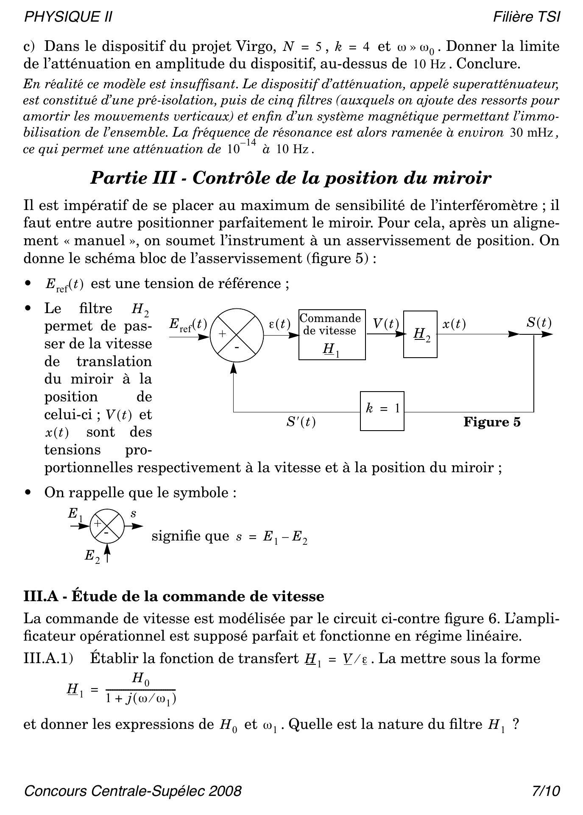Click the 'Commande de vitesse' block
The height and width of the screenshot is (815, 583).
click(332, 335)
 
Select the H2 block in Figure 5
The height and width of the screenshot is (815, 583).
click(420, 334)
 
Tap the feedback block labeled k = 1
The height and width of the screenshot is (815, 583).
click(382, 411)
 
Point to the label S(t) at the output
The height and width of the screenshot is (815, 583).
click(538, 323)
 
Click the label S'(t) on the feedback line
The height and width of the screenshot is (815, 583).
click(301, 422)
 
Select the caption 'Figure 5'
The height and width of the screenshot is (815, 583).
click(491, 422)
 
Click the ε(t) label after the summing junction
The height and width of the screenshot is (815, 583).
click(279, 325)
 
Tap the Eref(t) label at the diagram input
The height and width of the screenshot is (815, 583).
click(188, 325)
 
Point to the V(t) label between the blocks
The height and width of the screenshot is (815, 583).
click(386, 324)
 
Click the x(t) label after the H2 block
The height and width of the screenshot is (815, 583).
click(454, 324)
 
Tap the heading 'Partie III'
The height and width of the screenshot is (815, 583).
click(133, 178)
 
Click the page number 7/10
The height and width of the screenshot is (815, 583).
click(546, 791)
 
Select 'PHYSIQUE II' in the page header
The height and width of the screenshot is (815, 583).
click(68, 17)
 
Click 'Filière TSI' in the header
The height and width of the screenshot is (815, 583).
click(526, 17)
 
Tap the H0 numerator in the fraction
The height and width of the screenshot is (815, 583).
click(141, 679)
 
